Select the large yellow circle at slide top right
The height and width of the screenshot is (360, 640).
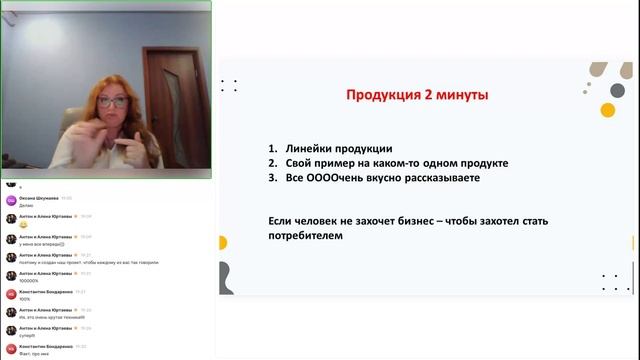[607, 110]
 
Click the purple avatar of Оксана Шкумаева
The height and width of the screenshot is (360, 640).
[11, 200]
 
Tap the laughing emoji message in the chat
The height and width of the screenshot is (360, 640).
[23, 225]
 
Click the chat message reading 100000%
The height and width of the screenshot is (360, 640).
[30, 281]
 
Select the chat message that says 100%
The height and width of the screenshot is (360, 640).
[24, 299]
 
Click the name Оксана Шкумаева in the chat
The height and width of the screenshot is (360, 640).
[39, 197]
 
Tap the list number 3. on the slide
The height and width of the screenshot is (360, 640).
[272, 178]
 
